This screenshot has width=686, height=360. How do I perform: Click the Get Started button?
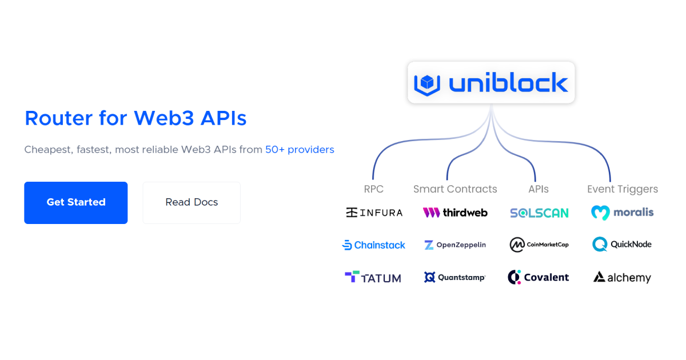pyautogui.click(x=75, y=202)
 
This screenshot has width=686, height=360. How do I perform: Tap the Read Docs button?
pyautogui.click(x=192, y=202)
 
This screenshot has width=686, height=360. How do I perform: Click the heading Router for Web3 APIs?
pyautogui.click(x=135, y=118)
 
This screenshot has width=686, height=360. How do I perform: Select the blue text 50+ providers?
pyautogui.click(x=300, y=150)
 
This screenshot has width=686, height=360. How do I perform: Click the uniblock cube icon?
pyautogui.click(x=427, y=83)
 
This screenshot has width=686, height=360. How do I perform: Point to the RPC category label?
pyautogui.click(x=373, y=189)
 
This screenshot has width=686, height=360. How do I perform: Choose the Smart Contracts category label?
pyautogui.click(x=455, y=189)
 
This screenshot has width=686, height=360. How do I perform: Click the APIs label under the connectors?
pyautogui.click(x=539, y=189)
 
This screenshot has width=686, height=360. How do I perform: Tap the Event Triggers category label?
pyautogui.click(x=622, y=189)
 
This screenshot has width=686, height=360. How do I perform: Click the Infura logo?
pyautogui.click(x=374, y=213)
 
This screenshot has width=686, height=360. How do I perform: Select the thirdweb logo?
pyautogui.click(x=455, y=213)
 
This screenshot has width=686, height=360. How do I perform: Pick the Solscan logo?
pyautogui.click(x=539, y=213)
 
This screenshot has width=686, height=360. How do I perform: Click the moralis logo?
pyautogui.click(x=622, y=213)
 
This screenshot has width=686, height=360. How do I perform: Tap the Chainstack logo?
pyautogui.click(x=373, y=245)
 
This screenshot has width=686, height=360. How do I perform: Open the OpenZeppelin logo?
pyautogui.click(x=455, y=245)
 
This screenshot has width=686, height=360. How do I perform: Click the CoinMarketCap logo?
pyautogui.click(x=539, y=245)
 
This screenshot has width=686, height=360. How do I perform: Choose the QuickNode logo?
pyautogui.click(x=622, y=245)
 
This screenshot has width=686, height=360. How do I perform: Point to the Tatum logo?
pyautogui.click(x=373, y=278)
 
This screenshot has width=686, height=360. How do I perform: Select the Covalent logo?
pyautogui.click(x=539, y=278)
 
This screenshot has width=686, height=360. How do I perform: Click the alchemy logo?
pyautogui.click(x=622, y=278)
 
